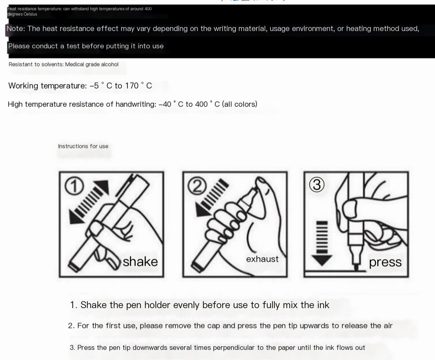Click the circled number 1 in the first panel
pyautogui.click(x=74, y=186)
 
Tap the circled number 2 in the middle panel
pyautogui.click(x=197, y=186)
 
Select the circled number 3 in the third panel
pyautogui.click(x=317, y=185)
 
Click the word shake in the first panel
pyautogui.click(x=140, y=262)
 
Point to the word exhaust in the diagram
pyautogui.click(x=262, y=259)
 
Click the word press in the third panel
pyautogui.click(x=385, y=262)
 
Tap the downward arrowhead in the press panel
pyautogui.click(x=322, y=260)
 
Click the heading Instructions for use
pyautogui.click(x=83, y=146)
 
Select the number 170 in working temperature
pyautogui.click(x=132, y=86)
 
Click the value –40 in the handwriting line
pyautogui.click(x=165, y=104)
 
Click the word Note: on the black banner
pyautogui.click(x=16, y=29)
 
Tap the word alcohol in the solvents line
pyautogui.click(x=109, y=65)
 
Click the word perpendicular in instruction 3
pyautogui.click(x=234, y=348)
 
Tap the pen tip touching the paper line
pyautogui.click(x=356, y=268)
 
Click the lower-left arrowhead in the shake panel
pyautogui.click(x=75, y=217)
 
